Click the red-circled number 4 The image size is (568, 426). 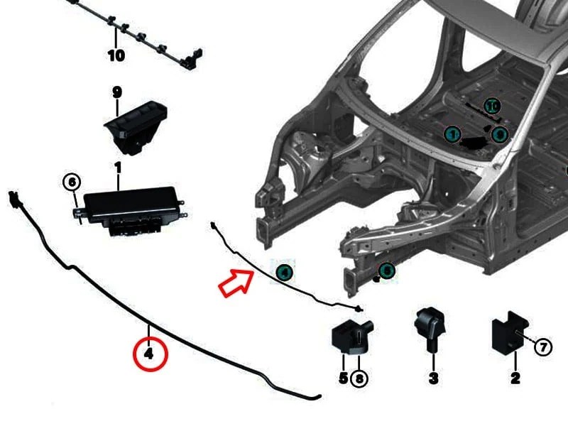(149, 353)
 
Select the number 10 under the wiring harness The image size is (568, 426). (116, 55)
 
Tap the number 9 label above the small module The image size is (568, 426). (117, 92)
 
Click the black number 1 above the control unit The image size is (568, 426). (117, 168)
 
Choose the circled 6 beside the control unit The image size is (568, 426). (72, 182)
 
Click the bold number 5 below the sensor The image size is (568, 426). (344, 378)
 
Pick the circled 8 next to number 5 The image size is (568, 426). (360, 378)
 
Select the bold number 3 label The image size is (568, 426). (433, 378)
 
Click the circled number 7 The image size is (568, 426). (542, 347)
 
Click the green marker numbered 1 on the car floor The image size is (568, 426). (452, 134)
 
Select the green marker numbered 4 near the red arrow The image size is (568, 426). (283, 271)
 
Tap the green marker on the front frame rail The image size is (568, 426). (386, 271)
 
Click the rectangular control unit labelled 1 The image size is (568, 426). (131, 207)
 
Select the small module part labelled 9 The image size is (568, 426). (135, 124)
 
